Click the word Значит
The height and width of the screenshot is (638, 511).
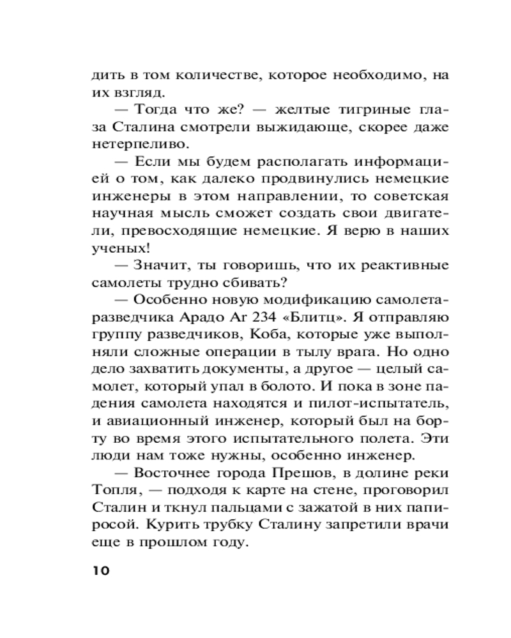pos(160,265)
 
